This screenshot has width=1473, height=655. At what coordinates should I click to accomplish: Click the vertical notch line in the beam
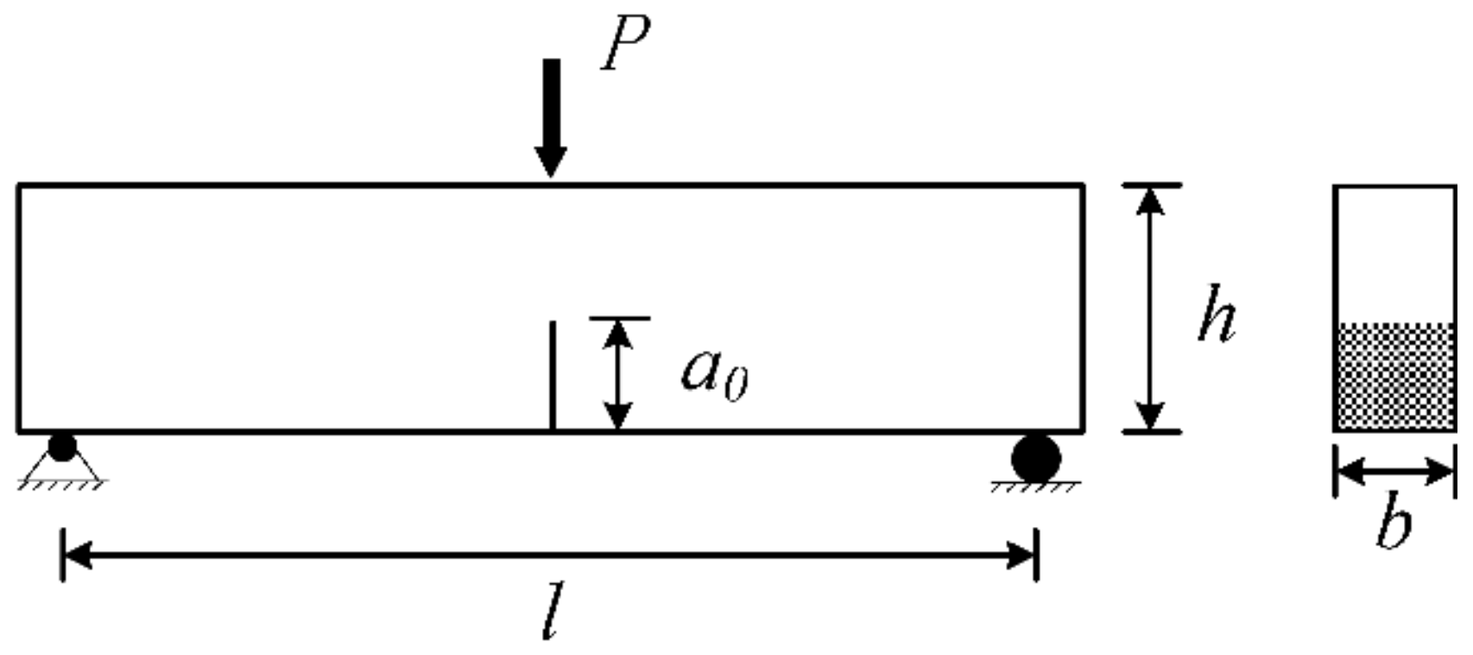coord(552,376)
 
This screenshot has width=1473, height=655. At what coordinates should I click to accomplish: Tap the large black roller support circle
coord(1036,458)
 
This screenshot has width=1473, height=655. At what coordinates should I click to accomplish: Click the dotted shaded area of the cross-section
coord(1394,376)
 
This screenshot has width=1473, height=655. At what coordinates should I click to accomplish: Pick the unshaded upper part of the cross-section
coord(1394,255)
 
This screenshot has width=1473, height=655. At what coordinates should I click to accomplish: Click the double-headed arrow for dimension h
coord(1149,308)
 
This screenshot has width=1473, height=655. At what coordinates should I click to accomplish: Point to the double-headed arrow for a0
coord(617,374)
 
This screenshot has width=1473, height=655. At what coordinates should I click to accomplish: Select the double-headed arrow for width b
coord(1394,471)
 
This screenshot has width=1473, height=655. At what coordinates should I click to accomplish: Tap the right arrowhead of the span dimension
coord(1021,555)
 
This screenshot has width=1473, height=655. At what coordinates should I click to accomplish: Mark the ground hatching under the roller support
coord(1035,488)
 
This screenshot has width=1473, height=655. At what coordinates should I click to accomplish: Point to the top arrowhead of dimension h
coord(1149,200)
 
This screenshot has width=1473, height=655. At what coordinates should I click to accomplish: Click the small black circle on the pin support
coord(62,448)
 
